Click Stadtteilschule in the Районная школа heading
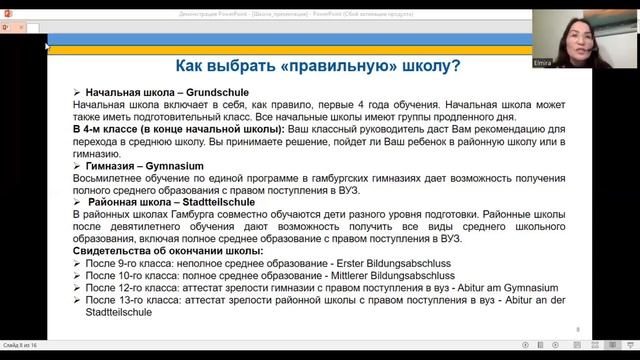[x=227, y=201]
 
